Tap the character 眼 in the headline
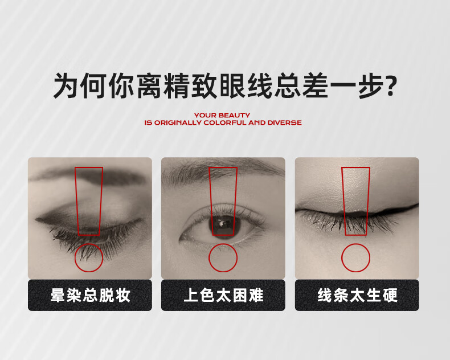coord(232,85)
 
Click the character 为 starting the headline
coord(66,85)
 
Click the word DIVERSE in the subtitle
coord(284,122)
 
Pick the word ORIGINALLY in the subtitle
coord(178,122)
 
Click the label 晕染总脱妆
coord(90,295)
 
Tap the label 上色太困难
coord(223,295)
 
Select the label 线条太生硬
coord(357,295)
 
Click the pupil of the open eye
coord(223,225)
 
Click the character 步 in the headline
coord(371,85)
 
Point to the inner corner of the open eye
coord(181,238)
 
